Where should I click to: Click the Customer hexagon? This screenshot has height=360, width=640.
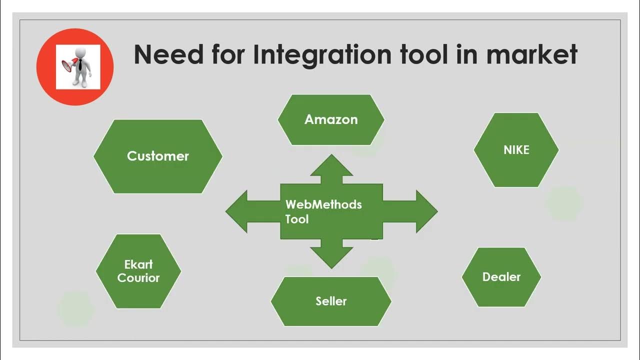point(158,156)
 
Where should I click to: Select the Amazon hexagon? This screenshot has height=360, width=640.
point(331,120)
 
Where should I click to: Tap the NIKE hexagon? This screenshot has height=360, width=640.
point(516,150)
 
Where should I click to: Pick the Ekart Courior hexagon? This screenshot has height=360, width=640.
point(138,271)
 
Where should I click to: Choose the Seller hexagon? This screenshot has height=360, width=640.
point(331,301)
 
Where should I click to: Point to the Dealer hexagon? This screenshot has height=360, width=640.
point(501,277)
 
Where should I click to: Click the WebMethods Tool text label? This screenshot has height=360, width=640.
point(323,211)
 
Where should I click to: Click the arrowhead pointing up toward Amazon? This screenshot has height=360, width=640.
point(331,165)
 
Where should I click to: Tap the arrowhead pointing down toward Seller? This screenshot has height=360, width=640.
point(331,257)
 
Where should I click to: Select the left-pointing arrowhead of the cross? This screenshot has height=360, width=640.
point(238,211)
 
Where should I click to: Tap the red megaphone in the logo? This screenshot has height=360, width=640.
point(67,64)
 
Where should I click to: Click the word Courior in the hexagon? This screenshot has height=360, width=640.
point(138,278)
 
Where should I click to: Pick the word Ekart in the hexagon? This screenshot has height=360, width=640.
point(138,264)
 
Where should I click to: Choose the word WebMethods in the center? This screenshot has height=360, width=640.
point(323,204)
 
